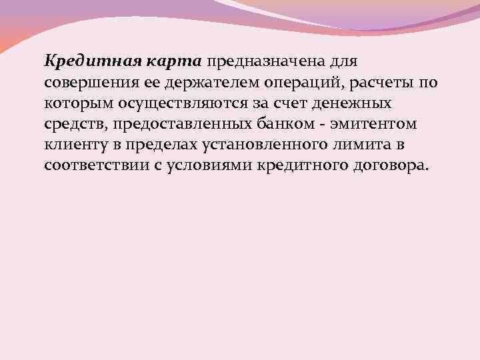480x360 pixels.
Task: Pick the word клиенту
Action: click(x=73, y=145)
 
